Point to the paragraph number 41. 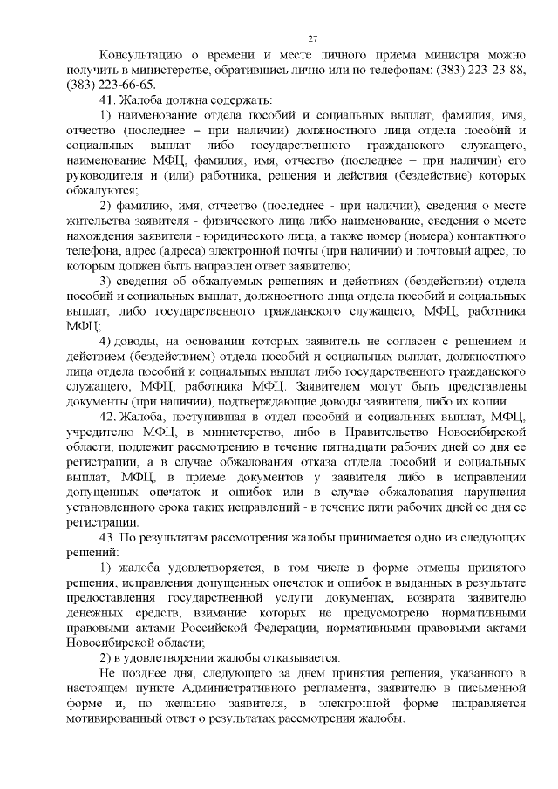tap(108, 100)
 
